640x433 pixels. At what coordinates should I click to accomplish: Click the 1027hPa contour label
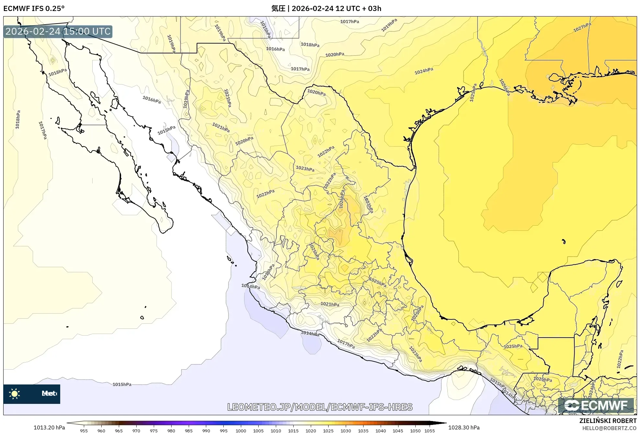pyautogui.click(x=582, y=27)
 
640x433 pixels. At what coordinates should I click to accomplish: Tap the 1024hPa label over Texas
pyautogui.click(x=424, y=71)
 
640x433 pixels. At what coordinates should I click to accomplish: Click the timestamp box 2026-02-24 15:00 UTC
pyautogui.click(x=58, y=31)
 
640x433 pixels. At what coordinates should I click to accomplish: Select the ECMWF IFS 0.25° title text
pyautogui.click(x=34, y=8)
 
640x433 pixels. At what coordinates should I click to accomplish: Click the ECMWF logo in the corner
pyautogui.click(x=596, y=405)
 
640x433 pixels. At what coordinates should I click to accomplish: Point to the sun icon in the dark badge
pyautogui.click(x=15, y=394)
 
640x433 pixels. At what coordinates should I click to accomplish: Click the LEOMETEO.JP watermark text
pyautogui.click(x=320, y=407)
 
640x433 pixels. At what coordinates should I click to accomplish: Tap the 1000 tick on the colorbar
pyautogui.click(x=241, y=430)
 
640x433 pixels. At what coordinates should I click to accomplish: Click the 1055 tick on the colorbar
pyautogui.click(x=430, y=430)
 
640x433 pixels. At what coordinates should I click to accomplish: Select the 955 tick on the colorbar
pyautogui.click(x=84, y=430)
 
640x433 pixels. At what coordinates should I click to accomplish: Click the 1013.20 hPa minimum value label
pyautogui.click(x=49, y=427)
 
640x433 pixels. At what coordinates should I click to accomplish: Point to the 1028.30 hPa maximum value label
pyautogui.click(x=464, y=427)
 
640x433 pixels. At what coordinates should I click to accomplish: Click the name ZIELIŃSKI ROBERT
pyautogui.click(x=608, y=421)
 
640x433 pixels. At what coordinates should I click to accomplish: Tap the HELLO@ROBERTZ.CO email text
pyautogui.click(x=609, y=428)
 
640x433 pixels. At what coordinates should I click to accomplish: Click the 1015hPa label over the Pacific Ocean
pyautogui.click(x=122, y=384)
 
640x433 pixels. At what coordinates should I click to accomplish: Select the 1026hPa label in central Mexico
pyautogui.click(x=342, y=199)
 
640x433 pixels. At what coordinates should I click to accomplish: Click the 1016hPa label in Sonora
pyautogui.click(x=152, y=99)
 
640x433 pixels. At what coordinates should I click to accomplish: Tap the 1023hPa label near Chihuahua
pyautogui.click(x=305, y=169)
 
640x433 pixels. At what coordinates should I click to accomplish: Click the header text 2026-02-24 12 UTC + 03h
pyautogui.click(x=336, y=8)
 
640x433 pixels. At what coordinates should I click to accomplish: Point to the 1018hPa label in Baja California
pyautogui.click(x=58, y=72)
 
